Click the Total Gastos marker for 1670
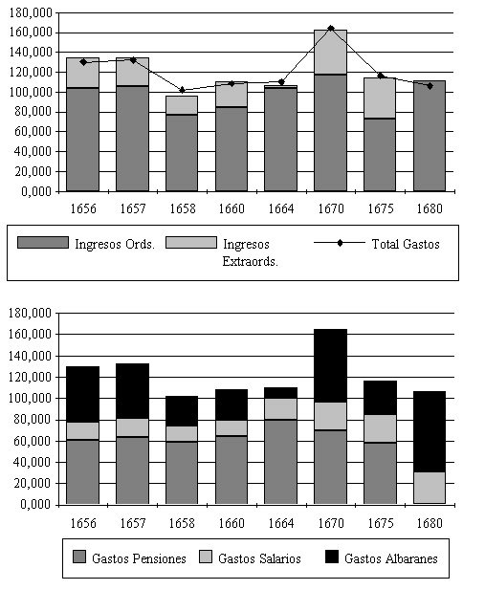pyautogui.click(x=331, y=29)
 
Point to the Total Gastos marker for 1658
pyautogui.click(x=183, y=90)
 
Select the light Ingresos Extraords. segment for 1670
pyautogui.click(x=331, y=52)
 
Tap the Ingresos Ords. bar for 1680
pyautogui.click(x=430, y=136)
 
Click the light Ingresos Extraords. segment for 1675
pyautogui.click(x=380, y=98)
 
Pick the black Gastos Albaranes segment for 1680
pyautogui.click(x=430, y=431)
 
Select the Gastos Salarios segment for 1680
pyautogui.click(x=430, y=488)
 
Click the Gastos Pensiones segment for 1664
pyautogui.click(x=281, y=462)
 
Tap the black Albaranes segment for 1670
pyautogui.click(x=331, y=365)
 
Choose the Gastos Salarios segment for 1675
pyautogui.click(x=380, y=428)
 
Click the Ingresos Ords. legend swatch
pyautogui.click(x=43, y=242)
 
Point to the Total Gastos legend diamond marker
pyautogui.click(x=340, y=243)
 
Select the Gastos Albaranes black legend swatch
pyautogui.click(x=332, y=557)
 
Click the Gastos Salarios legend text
pyautogui.click(x=259, y=558)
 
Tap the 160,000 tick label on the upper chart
pyautogui.click(x=31, y=33)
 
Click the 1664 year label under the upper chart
pyautogui.click(x=281, y=208)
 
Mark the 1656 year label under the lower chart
pyautogui.click(x=83, y=523)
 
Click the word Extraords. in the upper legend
pyautogui.click(x=250, y=261)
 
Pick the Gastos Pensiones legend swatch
pyautogui.click(x=79, y=557)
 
